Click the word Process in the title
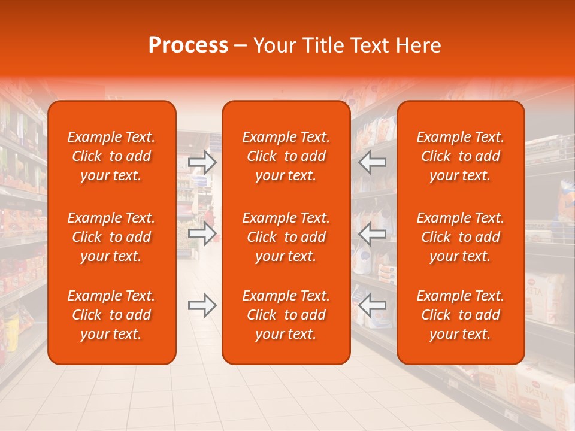(188, 45)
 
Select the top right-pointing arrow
(202, 162)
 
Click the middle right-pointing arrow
(202, 233)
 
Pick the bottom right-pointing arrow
(202, 306)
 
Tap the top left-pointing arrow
(372, 162)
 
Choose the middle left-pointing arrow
(372, 233)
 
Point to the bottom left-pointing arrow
(372, 306)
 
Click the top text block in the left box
(111, 156)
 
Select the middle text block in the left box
(111, 237)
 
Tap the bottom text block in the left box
(111, 315)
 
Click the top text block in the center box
(286, 156)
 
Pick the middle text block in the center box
(286, 237)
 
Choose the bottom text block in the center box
(286, 315)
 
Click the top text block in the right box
(461, 156)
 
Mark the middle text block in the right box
(461, 237)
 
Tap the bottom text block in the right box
(461, 315)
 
